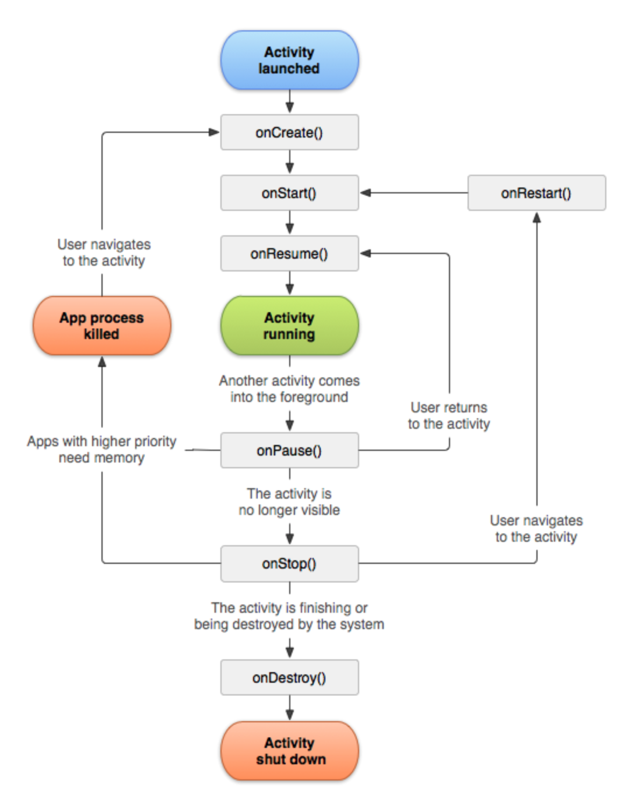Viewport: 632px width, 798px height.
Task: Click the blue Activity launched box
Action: [x=289, y=60]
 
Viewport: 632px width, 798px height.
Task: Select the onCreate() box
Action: [x=289, y=132]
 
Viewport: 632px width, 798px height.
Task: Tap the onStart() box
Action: [x=289, y=193]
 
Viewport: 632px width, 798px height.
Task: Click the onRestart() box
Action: [x=536, y=193]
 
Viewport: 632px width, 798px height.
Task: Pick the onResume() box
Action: [x=289, y=253]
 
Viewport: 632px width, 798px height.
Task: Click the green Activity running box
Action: [x=289, y=326]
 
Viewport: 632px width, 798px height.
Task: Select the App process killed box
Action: [x=101, y=326]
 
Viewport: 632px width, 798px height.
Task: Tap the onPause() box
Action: [x=289, y=450]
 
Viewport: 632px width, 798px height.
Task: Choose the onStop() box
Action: [x=289, y=563]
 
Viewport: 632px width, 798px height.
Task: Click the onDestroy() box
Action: [x=289, y=677]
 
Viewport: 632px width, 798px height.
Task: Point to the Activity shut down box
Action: [x=289, y=751]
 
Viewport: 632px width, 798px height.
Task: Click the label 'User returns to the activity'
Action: [x=449, y=415]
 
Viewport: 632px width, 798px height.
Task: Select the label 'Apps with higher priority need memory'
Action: [x=101, y=449]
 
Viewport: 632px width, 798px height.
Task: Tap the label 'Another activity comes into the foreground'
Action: [x=289, y=389]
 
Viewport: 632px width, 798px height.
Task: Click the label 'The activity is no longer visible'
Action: [x=289, y=502]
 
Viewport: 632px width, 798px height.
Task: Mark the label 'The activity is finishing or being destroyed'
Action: [x=289, y=616]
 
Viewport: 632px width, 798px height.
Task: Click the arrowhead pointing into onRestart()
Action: [x=537, y=218]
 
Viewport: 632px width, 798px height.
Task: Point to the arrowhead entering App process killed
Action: [x=102, y=362]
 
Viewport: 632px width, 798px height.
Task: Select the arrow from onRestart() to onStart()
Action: [x=414, y=193]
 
